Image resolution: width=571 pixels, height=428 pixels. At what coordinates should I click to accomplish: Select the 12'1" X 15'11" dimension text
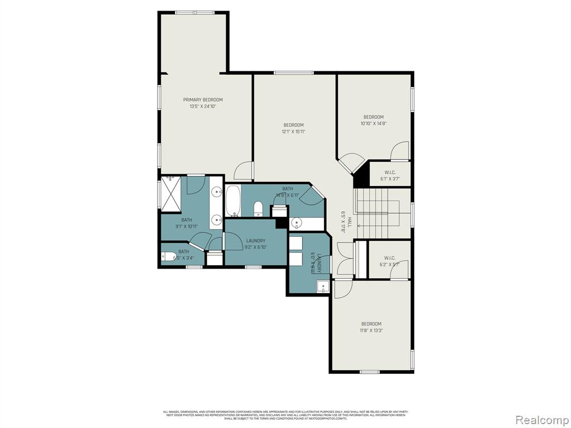pos(293,132)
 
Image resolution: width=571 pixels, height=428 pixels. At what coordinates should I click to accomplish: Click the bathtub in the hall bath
pos(233,201)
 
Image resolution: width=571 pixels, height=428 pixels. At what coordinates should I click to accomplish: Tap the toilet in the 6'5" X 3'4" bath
pos(167,257)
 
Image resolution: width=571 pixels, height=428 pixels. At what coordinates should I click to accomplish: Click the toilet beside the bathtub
pos(258,210)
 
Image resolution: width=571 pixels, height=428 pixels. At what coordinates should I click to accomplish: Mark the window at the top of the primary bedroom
pos(194,12)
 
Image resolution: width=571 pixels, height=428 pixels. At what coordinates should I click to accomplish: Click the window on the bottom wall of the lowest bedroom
pos(369,372)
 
